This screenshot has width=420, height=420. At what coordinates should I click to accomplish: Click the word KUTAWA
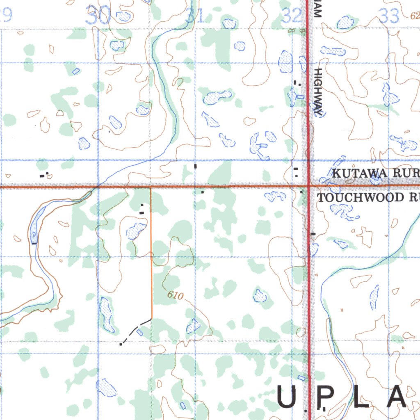click(359, 173)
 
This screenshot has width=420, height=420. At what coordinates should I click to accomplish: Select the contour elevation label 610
click(175, 295)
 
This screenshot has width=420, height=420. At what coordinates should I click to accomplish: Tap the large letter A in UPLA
click(396, 397)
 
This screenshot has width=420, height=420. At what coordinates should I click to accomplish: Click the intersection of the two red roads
click(308, 186)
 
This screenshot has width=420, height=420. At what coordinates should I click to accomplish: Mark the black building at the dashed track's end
click(121, 345)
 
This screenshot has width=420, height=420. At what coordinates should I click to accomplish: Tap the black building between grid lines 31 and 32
click(195, 166)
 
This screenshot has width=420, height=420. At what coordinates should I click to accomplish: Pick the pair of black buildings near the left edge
click(43, 175)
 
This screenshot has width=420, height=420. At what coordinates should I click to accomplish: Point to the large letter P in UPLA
click(324, 397)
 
